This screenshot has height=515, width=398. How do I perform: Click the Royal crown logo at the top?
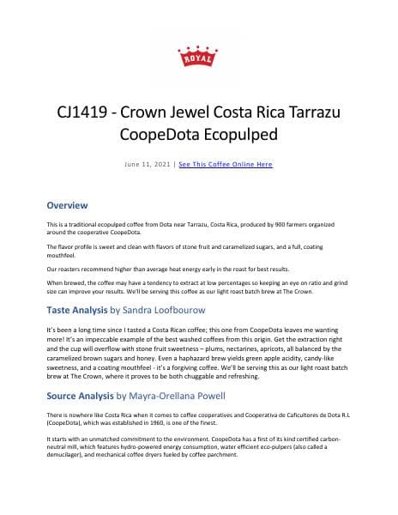198,54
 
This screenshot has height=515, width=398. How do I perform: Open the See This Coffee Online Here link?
226,163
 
